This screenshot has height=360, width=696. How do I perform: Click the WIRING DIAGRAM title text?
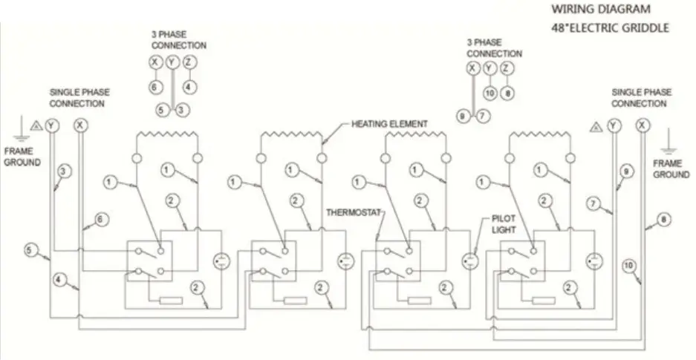(601, 10)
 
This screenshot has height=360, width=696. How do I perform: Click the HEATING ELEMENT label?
(389, 124)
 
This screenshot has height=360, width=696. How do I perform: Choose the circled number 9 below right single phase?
(625, 172)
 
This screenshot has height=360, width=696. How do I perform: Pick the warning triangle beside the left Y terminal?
(36, 125)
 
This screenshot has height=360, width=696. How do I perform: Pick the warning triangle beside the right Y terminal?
(595, 127)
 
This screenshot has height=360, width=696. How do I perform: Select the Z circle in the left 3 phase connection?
(189, 63)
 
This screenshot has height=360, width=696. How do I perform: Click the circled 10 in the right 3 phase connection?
(489, 93)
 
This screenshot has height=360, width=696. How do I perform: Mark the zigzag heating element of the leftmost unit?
(167, 136)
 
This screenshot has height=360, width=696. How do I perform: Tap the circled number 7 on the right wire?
(593, 203)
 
